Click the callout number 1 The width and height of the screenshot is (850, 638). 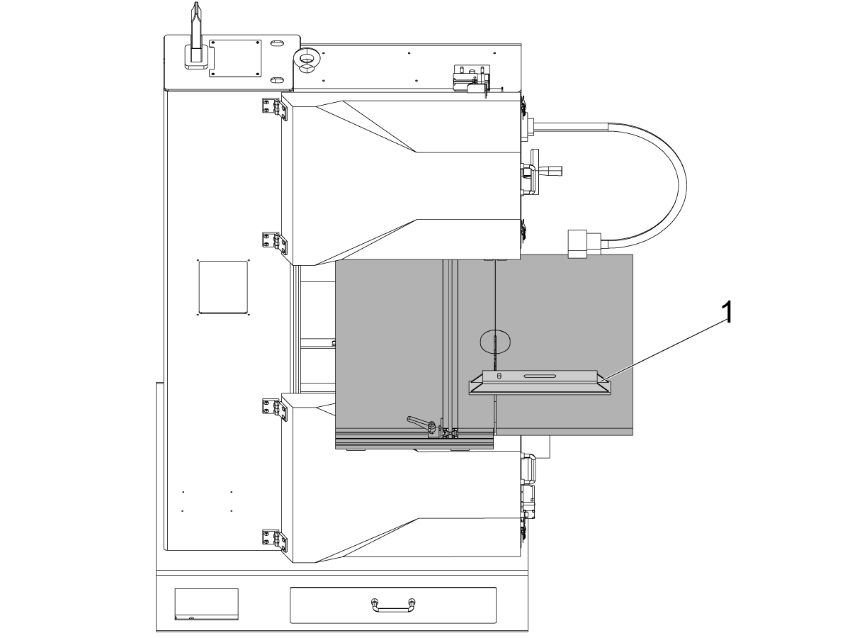[x=727, y=312]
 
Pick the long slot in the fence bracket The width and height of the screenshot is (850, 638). [x=540, y=376]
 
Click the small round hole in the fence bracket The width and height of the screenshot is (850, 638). [x=499, y=376]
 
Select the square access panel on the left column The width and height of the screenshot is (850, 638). [x=223, y=287]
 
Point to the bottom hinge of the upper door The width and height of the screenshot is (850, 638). [x=276, y=243]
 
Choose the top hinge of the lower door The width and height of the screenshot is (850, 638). [x=276, y=410]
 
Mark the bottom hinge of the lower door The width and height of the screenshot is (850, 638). [x=276, y=540]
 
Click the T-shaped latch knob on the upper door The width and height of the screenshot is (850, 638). [x=540, y=170]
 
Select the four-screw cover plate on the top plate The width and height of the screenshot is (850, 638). [x=235, y=59]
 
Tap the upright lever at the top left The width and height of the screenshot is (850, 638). [x=197, y=37]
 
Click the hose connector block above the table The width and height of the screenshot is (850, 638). [x=578, y=244]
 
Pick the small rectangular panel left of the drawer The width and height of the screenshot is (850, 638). [x=206, y=604]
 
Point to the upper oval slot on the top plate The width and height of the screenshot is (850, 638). [x=276, y=43]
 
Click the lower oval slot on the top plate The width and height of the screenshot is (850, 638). [x=276, y=80]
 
